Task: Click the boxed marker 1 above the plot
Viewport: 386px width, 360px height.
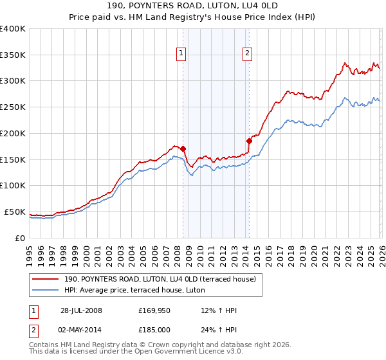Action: [x=181, y=54]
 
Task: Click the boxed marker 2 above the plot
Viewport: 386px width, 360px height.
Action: [x=248, y=54]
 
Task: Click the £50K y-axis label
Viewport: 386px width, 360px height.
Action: [x=15, y=212]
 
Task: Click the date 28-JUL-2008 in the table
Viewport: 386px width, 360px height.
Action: [x=81, y=310]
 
